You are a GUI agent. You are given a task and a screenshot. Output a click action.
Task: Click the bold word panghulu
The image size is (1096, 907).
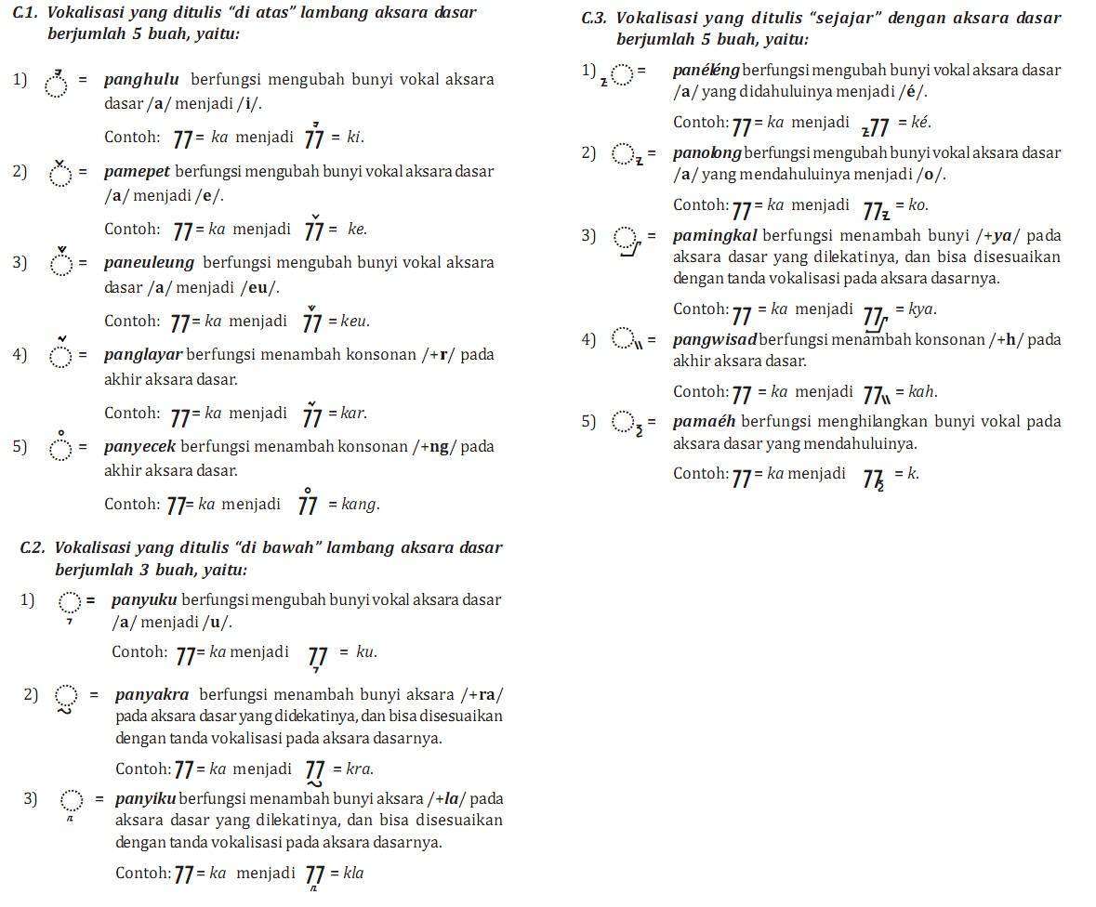click(141, 80)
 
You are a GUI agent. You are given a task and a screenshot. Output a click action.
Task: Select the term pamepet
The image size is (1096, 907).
click(138, 172)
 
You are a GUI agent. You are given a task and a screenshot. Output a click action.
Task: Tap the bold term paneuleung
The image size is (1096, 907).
click(149, 263)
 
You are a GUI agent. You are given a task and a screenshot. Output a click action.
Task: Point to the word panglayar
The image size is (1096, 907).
click(143, 355)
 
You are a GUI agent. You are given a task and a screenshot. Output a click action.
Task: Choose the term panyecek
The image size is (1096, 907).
click(139, 447)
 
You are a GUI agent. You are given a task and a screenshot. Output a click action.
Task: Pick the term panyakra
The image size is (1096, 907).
click(152, 695)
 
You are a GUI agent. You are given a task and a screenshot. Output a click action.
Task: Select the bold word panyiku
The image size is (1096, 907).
click(145, 799)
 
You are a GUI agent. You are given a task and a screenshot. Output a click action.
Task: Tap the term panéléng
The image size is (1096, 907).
click(706, 71)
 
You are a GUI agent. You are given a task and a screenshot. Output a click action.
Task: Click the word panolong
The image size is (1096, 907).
click(706, 153)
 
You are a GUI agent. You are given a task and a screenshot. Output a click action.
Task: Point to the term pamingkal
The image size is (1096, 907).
click(715, 236)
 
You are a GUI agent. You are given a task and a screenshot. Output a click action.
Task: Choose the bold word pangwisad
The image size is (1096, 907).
click(714, 340)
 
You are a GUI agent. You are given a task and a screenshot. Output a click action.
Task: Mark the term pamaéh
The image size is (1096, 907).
click(704, 422)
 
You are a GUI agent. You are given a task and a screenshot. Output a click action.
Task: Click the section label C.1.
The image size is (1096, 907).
click(25, 13)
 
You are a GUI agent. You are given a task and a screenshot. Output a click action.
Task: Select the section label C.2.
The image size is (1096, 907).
click(33, 548)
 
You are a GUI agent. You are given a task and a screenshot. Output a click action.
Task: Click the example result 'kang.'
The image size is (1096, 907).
click(361, 505)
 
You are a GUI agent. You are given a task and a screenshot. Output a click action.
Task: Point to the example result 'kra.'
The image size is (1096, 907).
click(360, 769)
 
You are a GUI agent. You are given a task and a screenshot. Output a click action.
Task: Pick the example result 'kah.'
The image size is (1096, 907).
click(922, 392)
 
